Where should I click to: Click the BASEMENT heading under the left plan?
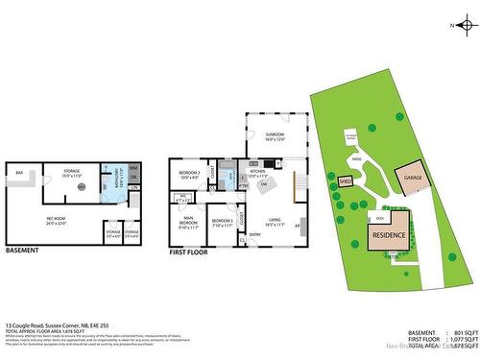point(23,251)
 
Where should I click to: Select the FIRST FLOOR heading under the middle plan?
point(189,251)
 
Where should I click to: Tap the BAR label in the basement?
point(18,174)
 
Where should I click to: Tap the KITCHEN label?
point(258,173)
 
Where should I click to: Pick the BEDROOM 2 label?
point(188,174)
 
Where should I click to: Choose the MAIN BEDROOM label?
point(188,224)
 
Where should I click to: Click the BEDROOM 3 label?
point(222,222)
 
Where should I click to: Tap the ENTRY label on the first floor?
point(255,234)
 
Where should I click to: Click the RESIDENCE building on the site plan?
point(388,234)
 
